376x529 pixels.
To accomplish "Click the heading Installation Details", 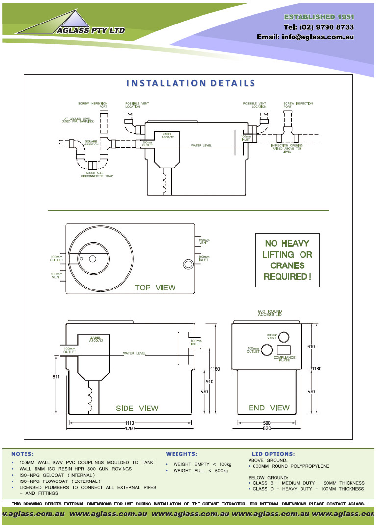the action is pyautogui.click(x=191, y=83).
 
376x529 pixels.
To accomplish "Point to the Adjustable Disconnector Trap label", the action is pyautogui.click(x=97, y=175).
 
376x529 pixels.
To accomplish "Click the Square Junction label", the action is pyautogui.click(x=91, y=143).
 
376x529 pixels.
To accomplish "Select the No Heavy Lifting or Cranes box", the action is pyautogui.click(x=287, y=260).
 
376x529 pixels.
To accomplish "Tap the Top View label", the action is pyautogui.click(x=155, y=288).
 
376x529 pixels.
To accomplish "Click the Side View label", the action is pyautogui.click(x=137, y=408).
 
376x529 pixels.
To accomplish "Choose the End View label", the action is pyautogui.click(x=269, y=408).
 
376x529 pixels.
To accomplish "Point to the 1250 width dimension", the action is pyautogui.click(x=130, y=429).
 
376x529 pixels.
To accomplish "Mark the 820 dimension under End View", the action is pyautogui.click(x=267, y=429).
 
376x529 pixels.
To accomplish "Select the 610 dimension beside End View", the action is pyautogui.click(x=311, y=346).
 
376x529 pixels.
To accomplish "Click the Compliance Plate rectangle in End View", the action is pyautogui.click(x=284, y=350).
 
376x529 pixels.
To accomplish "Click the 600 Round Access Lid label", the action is pyautogui.click(x=270, y=313).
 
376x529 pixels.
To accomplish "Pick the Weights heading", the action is pyautogui.click(x=181, y=454).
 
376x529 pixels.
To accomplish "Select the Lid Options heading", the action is pyautogui.click(x=274, y=454).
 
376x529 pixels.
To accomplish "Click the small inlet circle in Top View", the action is pyautogui.click(x=188, y=264).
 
